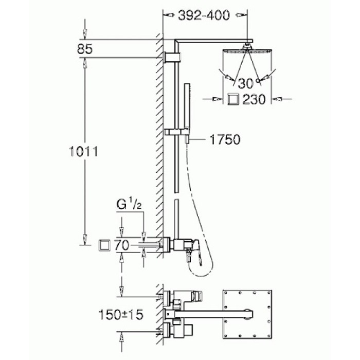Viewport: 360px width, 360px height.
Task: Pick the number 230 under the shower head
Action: click(x=255, y=99)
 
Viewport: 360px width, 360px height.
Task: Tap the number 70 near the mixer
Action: click(x=122, y=245)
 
